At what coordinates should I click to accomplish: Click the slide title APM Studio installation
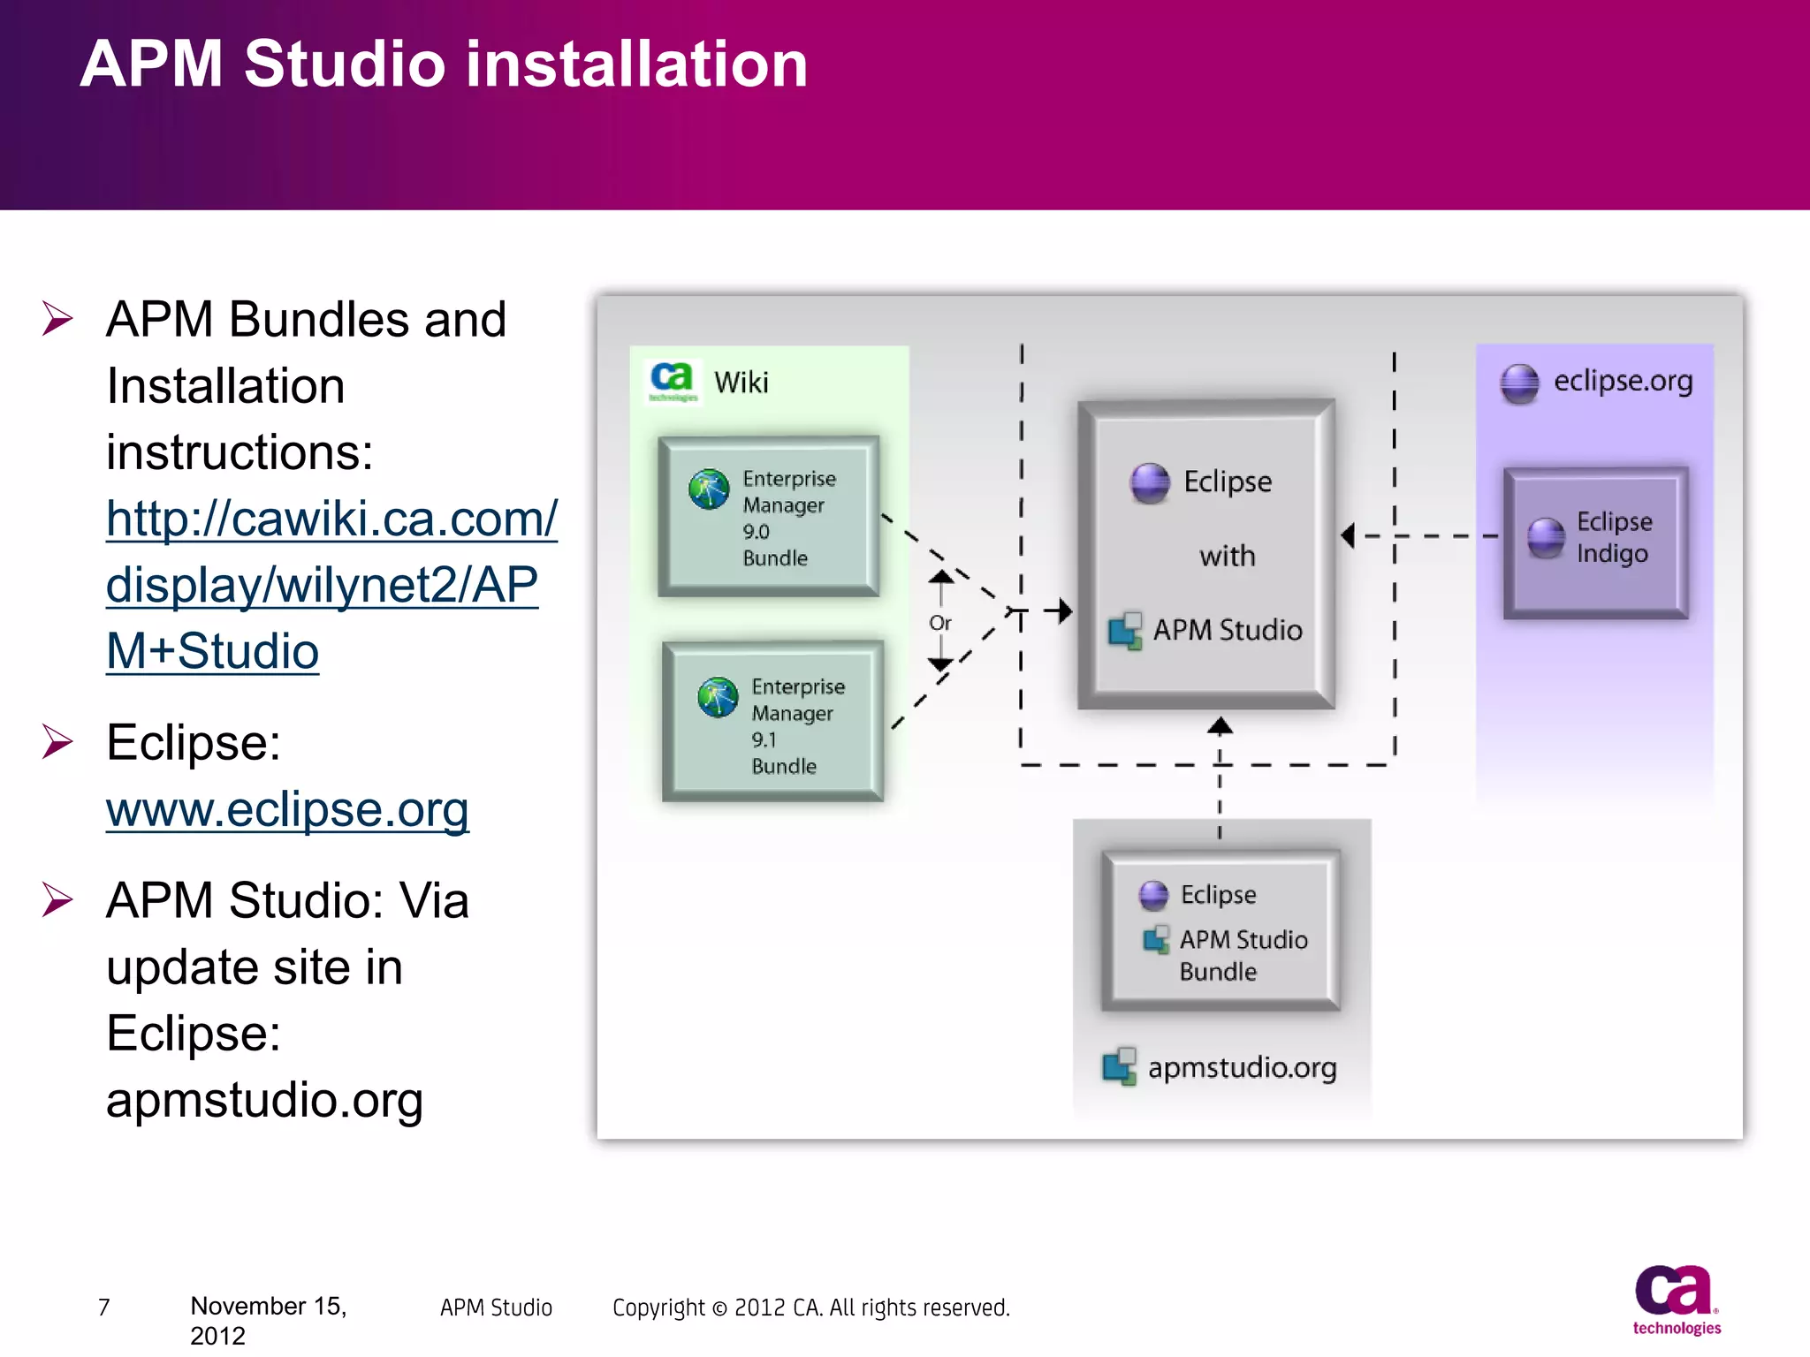tap(444, 64)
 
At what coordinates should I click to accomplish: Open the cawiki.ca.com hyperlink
tap(331, 584)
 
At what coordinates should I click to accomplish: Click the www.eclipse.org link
tap(287, 808)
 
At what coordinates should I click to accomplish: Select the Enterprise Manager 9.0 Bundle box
tap(768, 517)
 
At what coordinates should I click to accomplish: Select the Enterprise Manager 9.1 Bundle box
tap(772, 722)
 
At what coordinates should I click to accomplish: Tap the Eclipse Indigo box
tap(1595, 542)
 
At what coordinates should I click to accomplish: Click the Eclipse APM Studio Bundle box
tap(1221, 930)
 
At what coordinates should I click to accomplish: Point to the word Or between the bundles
tap(939, 623)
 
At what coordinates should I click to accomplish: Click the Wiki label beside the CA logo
tap(741, 383)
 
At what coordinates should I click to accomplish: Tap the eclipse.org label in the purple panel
tap(1623, 381)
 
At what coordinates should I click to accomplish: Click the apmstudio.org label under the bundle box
tap(1241, 1068)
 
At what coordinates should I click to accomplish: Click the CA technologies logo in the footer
tap(1676, 1300)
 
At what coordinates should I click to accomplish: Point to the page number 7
tap(103, 1307)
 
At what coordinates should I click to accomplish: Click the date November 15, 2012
tap(268, 1320)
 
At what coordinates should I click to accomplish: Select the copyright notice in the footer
tap(810, 1308)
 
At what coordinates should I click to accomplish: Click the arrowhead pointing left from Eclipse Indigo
tap(1348, 535)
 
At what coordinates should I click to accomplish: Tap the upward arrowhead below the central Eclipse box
tap(1220, 726)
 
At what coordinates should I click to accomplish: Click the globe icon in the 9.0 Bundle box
tap(709, 489)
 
